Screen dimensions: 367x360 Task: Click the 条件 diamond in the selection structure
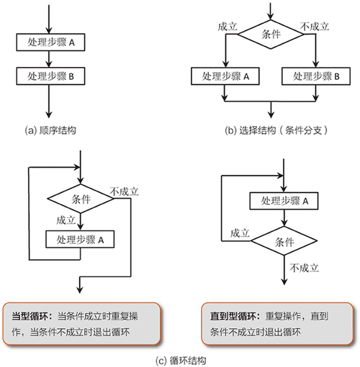271,34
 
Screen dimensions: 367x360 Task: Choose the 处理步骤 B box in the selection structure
317,76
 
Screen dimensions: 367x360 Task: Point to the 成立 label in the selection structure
227,26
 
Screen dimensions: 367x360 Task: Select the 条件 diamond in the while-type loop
81,197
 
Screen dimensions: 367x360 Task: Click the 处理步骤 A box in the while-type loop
81,239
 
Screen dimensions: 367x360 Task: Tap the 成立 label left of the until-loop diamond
240,233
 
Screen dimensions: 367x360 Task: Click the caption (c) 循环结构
180,358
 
